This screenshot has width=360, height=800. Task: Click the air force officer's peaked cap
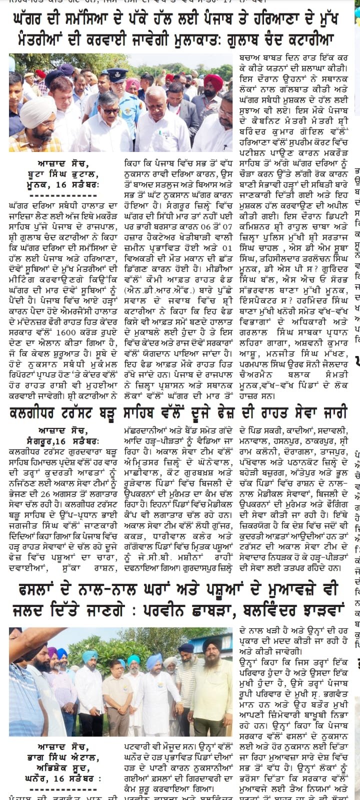[117, 73]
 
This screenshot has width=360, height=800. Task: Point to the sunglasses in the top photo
[110, 110]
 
